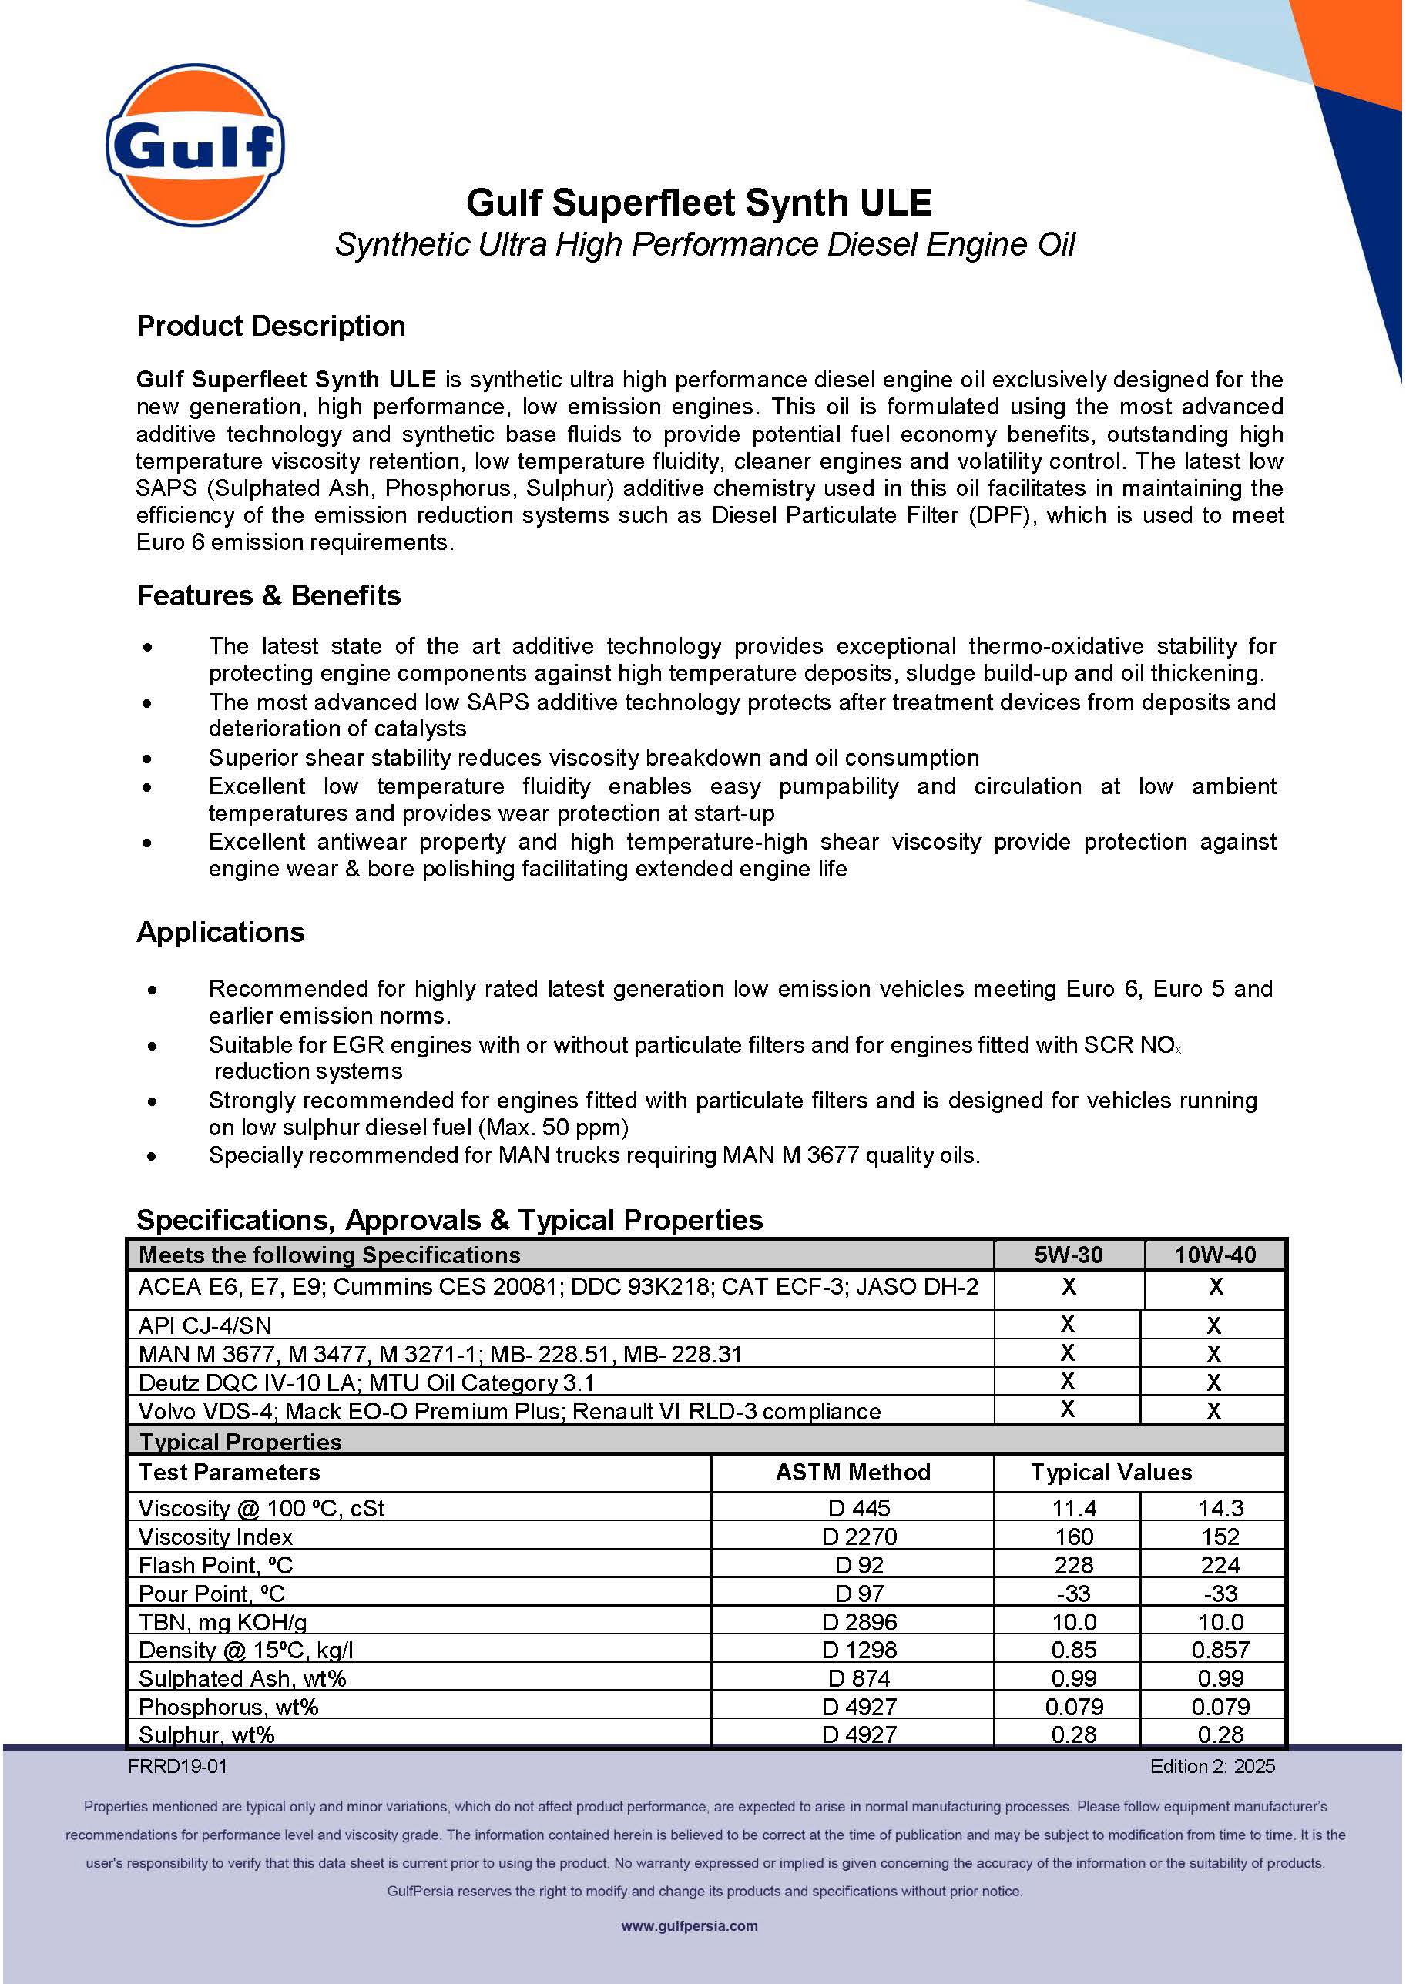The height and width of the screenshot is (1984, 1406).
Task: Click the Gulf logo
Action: pyautogui.click(x=196, y=145)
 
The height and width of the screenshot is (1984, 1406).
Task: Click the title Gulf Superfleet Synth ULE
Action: pyautogui.click(x=699, y=203)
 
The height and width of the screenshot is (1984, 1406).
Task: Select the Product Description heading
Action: pyautogui.click(x=271, y=327)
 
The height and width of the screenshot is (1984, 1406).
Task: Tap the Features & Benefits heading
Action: pyautogui.click(x=268, y=595)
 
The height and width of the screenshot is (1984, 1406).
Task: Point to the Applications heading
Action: pyautogui.click(x=221, y=932)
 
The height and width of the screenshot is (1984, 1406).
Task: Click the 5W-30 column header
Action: pyautogui.click(x=1069, y=1255)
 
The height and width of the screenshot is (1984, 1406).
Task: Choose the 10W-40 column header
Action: pyautogui.click(x=1215, y=1255)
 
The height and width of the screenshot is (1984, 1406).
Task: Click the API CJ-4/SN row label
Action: pyautogui.click(x=205, y=1325)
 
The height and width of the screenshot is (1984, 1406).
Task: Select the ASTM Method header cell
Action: pyautogui.click(x=853, y=1473)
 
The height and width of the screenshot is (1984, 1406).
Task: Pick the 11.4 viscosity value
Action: pyautogui.click(x=1073, y=1508)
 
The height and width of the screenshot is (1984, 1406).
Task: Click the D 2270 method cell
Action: pyautogui.click(x=859, y=1537)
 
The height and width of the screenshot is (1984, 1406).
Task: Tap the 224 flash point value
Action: pyautogui.click(x=1220, y=1565)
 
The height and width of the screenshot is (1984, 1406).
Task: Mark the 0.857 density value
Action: pyautogui.click(x=1220, y=1650)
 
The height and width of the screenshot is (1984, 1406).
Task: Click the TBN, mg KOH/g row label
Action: pyautogui.click(x=223, y=1622)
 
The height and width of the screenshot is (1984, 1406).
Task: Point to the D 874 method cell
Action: pyautogui.click(x=859, y=1678)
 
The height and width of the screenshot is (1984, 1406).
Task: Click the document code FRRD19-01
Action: pyautogui.click(x=177, y=1766)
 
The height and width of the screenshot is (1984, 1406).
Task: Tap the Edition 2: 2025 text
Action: pyautogui.click(x=1212, y=1766)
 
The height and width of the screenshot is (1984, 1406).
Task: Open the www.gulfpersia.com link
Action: pyautogui.click(x=690, y=1926)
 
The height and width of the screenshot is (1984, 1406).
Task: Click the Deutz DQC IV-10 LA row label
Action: pyautogui.click(x=366, y=1382)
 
